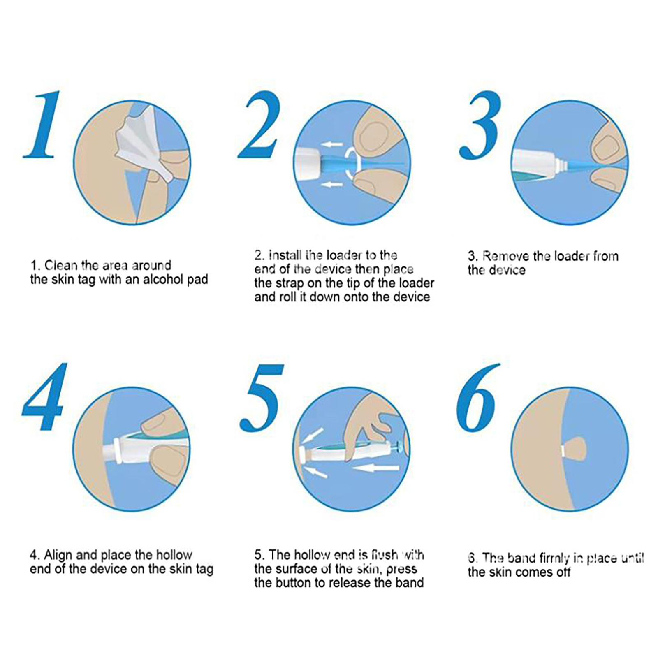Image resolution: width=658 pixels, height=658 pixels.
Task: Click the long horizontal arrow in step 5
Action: click(376, 468)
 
